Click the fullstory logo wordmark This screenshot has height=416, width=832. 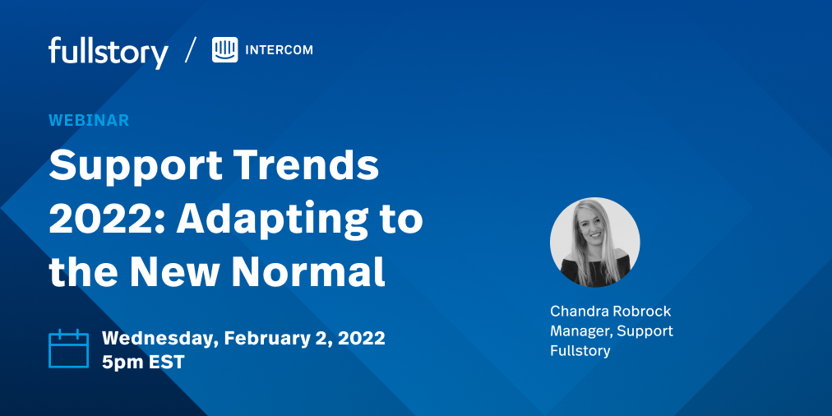tap(108, 52)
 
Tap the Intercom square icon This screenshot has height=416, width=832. tap(224, 50)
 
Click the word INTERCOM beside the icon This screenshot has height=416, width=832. tap(279, 50)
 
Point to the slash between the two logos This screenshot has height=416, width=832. tap(191, 50)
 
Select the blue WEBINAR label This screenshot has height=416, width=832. tap(89, 120)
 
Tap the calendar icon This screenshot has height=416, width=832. tap(68, 349)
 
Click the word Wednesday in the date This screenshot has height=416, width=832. tap(159, 338)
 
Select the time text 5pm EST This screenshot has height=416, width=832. tap(143, 362)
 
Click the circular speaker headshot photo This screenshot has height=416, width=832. tap(594, 242)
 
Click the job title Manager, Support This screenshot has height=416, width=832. tap(611, 330)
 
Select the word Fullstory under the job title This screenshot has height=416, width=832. tap(580, 351)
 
